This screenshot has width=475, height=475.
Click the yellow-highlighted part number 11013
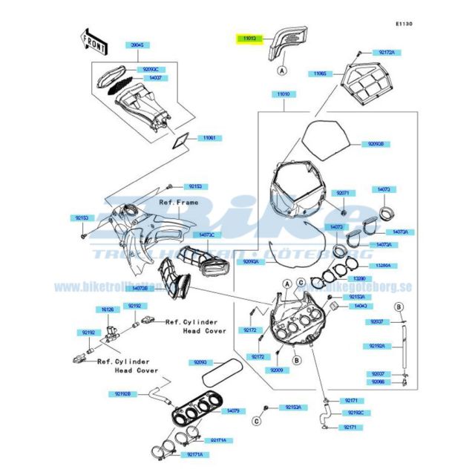246,37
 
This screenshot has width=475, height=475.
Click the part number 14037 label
156,77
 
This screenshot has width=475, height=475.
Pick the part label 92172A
386,53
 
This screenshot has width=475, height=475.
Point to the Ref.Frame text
177,201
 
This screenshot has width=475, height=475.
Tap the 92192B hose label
123,393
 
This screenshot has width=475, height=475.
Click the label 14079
232,410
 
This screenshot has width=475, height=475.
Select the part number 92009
277,370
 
